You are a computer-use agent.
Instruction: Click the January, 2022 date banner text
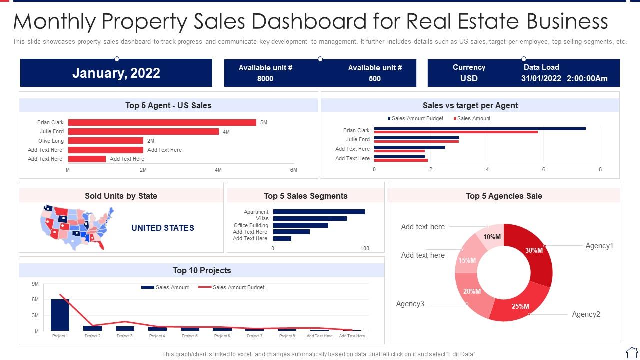pos(116,73)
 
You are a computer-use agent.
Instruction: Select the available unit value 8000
pos(265,78)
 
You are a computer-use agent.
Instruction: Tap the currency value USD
pos(469,78)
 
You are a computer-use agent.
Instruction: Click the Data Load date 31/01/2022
pos(541,78)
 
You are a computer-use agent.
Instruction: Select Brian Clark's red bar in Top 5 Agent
pos(162,122)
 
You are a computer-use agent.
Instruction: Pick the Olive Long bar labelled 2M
pos(105,141)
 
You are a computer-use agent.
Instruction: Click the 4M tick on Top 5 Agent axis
pos(218,170)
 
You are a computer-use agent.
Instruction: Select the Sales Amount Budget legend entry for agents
pos(417,118)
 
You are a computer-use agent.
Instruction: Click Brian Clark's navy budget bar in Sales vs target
pos(479,128)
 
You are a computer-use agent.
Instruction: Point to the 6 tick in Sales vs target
pos(544,170)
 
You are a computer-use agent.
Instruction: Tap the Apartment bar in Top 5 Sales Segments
pos(318,212)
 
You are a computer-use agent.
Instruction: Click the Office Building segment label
pos(251,225)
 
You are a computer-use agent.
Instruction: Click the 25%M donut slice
pos(520,305)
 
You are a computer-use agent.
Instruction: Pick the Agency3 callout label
pos(410,304)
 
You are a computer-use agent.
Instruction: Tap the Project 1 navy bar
pos(60,315)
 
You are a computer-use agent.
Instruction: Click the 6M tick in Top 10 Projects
pos(35,299)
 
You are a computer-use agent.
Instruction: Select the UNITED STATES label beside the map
pos(162,228)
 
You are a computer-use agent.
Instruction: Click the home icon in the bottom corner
pos(631,352)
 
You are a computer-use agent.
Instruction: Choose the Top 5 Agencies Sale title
pos(504,196)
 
